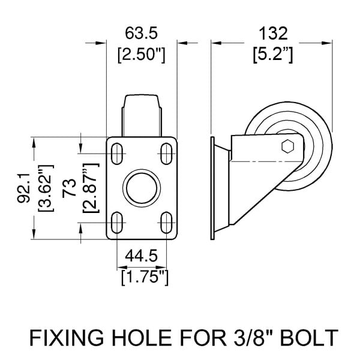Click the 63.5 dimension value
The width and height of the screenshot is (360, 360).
pyautogui.click(x=141, y=33)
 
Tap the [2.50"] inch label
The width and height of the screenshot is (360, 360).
pyautogui.click(x=141, y=55)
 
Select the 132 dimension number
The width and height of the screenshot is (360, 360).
pyautogui.click(x=273, y=34)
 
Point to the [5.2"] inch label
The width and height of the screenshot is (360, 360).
pyautogui.click(x=273, y=55)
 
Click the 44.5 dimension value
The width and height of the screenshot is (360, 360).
pyautogui.click(x=141, y=256)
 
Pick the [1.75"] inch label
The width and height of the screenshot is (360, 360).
pyautogui.click(x=145, y=278)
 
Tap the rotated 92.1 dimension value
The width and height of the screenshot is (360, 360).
pyautogui.click(x=23, y=188)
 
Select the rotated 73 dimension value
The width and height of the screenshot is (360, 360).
pyautogui.click(x=69, y=188)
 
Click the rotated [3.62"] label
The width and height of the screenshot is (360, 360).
pyautogui.click(x=46, y=188)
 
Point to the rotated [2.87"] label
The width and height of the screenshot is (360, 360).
pyautogui.click(x=91, y=188)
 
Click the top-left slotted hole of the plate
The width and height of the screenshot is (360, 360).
pyautogui.click(x=117, y=154)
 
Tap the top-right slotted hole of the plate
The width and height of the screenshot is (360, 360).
pyautogui.click(x=166, y=154)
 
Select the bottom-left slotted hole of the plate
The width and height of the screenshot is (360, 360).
pyautogui.click(x=117, y=223)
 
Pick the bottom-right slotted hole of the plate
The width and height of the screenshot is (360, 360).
pyautogui.click(x=166, y=223)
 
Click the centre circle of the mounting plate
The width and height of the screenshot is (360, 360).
pyautogui.click(x=142, y=188)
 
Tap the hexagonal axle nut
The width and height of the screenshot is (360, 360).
pyautogui.click(x=288, y=146)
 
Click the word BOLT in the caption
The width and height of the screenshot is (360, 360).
pyautogui.click(x=310, y=338)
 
